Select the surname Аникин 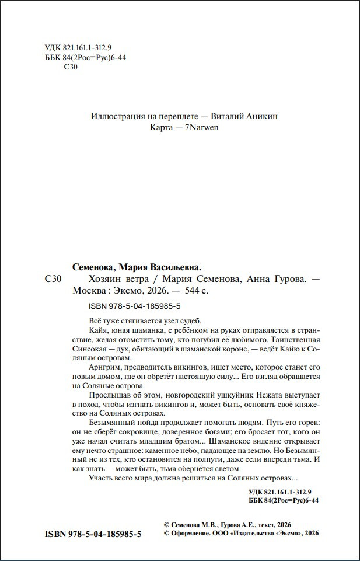(x=263, y=116)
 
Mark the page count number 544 (x=192, y=290)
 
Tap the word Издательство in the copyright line (x=256, y=534)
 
